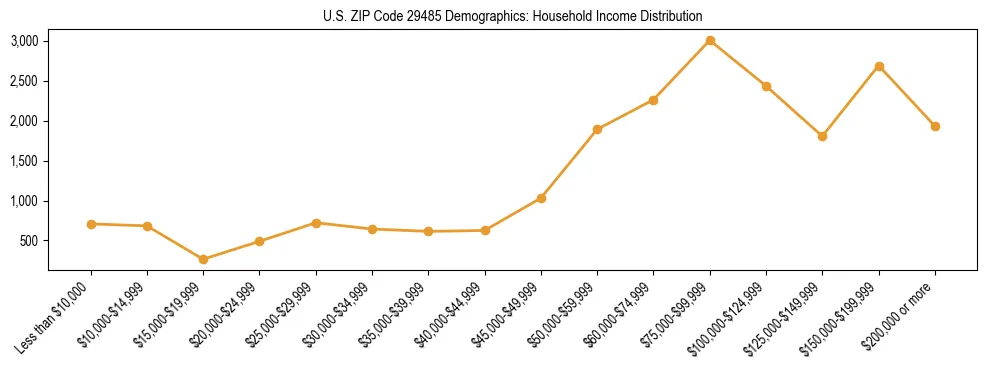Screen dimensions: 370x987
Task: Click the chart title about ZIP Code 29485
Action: pyautogui.click(x=512, y=16)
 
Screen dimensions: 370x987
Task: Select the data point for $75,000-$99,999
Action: pyautogui.click(x=710, y=40)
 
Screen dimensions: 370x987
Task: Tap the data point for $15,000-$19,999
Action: pyautogui.click(x=204, y=259)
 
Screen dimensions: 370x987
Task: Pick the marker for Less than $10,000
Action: pyautogui.click(x=91, y=224)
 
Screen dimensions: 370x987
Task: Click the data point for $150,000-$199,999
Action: pyautogui.click(x=879, y=66)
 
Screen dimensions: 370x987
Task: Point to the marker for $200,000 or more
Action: pyautogui.click(x=935, y=126)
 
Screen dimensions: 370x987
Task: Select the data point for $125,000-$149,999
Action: pyautogui.click(x=822, y=136)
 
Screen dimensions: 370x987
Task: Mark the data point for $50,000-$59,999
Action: pyautogui.click(x=597, y=129)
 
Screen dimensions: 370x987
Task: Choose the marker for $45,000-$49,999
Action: pyautogui.click(x=541, y=198)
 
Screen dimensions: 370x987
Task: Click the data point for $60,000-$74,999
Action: pyautogui.click(x=653, y=100)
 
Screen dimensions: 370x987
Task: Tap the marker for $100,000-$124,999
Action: pyautogui.click(x=766, y=86)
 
